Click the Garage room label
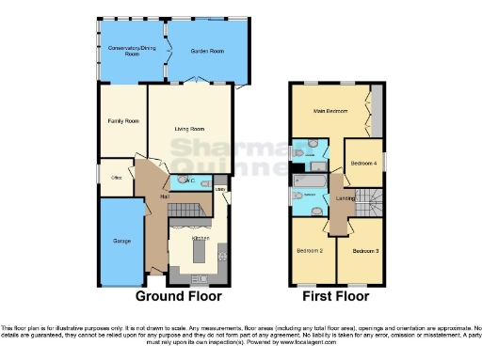click(x=121, y=242)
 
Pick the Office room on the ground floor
click(x=117, y=177)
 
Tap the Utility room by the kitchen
click(x=221, y=191)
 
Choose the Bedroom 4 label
click(x=364, y=162)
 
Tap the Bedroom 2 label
click(x=312, y=251)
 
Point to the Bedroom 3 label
click(x=365, y=251)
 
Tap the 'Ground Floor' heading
click(x=179, y=295)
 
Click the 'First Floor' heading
click(x=336, y=295)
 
